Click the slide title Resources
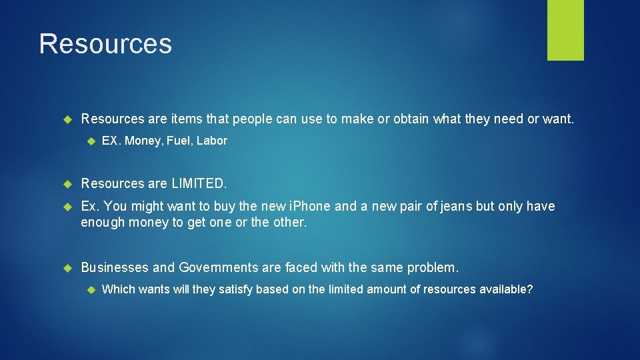pyautogui.click(x=105, y=44)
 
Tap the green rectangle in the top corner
pyautogui.click(x=565, y=29)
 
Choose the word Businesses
pyautogui.click(x=114, y=268)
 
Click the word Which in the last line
pyautogui.click(x=118, y=290)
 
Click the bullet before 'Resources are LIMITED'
pyautogui.click(x=67, y=183)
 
